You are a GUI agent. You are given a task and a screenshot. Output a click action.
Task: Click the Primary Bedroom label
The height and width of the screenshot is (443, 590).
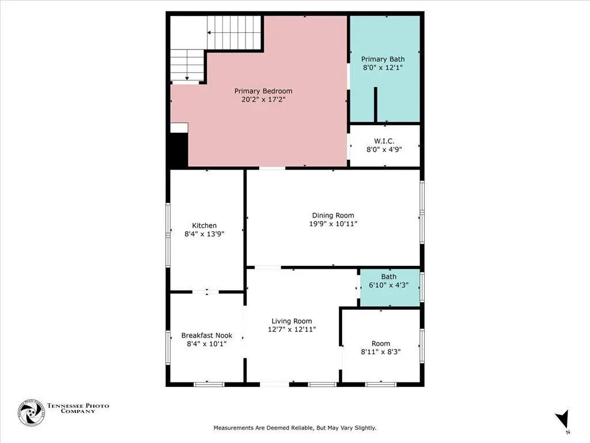tap(263, 91)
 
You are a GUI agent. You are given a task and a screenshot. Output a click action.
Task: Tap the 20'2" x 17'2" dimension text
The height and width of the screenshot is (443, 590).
tap(263, 99)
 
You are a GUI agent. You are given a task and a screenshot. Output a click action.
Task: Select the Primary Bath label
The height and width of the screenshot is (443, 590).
tap(383, 59)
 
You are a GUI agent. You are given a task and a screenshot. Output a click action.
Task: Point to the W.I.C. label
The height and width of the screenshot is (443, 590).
tap(384, 141)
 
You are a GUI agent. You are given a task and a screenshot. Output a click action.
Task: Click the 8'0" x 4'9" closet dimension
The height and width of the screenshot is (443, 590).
tap(384, 149)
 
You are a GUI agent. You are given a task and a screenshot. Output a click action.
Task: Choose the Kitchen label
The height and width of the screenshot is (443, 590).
tap(205, 226)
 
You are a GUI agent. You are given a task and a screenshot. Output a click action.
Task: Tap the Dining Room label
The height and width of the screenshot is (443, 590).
tap(333, 216)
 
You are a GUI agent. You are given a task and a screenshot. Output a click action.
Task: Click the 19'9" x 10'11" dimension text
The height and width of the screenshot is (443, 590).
tap(333, 224)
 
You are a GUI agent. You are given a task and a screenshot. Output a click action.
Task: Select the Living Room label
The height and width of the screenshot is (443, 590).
tap(292, 321)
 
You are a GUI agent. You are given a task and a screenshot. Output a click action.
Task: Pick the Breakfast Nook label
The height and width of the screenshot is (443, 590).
tap(207, 335)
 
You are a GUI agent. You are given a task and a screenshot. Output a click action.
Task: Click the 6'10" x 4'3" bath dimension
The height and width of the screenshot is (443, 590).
tap(389, 285)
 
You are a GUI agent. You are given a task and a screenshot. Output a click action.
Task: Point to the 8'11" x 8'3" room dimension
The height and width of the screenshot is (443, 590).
tap(381, 352)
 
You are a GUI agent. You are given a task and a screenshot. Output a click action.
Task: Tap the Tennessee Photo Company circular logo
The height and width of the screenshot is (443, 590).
tap(31, 413)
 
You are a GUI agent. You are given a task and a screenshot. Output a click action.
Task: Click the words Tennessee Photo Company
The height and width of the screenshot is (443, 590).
tap(78, 408)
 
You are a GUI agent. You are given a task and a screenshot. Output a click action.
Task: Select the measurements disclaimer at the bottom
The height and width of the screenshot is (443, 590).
tap(295, 428)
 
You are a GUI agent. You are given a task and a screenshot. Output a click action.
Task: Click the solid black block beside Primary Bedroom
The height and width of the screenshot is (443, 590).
tap(179, 150)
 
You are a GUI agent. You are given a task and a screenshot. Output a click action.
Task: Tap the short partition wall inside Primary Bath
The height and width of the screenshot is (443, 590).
tap(375, 104)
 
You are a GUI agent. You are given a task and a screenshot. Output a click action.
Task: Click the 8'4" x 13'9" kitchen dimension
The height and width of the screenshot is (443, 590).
tap(205, 234)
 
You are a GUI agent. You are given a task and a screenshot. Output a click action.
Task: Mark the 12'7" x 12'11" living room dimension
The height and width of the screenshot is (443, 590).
tap(292, 329)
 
